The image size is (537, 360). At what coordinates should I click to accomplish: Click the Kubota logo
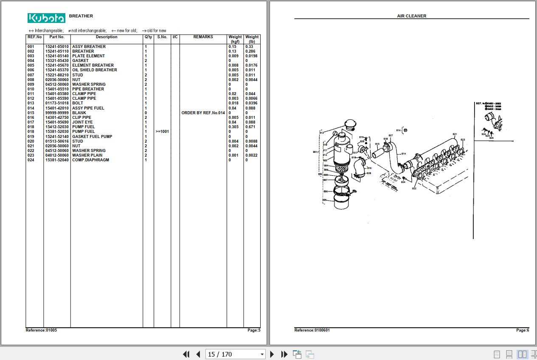[46, 18]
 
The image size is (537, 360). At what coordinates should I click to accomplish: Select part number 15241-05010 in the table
[57, 47]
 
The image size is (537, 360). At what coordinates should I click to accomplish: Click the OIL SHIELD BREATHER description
[94, 70]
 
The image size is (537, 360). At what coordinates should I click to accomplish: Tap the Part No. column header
[57, 37]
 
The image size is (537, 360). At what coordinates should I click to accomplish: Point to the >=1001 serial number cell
[162, 132]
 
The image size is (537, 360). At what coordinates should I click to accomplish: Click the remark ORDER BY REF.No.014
[203, 113]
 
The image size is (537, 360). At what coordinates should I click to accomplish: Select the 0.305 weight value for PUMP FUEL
[233, 127]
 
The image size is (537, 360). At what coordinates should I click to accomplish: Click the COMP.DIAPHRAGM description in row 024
[90, 160]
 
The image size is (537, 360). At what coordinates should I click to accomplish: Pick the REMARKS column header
[203, 37]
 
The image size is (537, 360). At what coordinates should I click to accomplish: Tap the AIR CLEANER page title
[411, 16]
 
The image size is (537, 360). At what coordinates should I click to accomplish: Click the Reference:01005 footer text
[41, 330]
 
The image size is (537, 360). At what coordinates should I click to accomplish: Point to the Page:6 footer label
[522, 330]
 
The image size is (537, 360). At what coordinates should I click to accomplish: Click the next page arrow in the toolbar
[273, 354]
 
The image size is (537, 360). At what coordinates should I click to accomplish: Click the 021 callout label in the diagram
[455, 135]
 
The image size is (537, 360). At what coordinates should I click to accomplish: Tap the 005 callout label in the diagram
[325, 200]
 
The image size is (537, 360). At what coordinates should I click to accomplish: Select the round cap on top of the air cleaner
[350, 124]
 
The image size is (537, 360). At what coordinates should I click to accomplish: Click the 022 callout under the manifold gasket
[414, 188]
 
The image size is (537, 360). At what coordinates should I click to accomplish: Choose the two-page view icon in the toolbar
[522, 354]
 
